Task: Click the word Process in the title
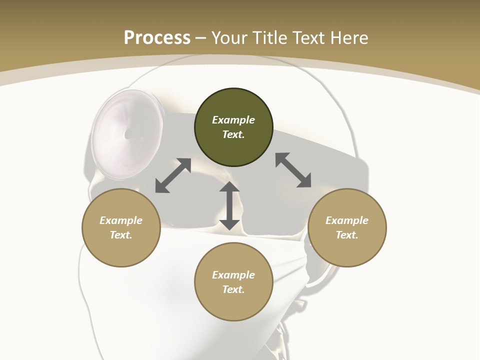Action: coord(157,38)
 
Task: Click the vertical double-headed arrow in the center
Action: coord(229,205)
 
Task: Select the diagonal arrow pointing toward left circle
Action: coord(173,175)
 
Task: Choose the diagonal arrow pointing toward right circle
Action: coord(293,170)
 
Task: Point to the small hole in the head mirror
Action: coord(128,134)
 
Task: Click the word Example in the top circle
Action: coord(233,120)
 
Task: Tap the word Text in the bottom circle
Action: coord(233,289)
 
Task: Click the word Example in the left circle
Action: coord(121,220)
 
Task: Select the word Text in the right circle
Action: coord(346,235)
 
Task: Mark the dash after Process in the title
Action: coord(201,38)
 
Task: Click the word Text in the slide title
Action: coord(309,38)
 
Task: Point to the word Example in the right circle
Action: coord(347,220)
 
